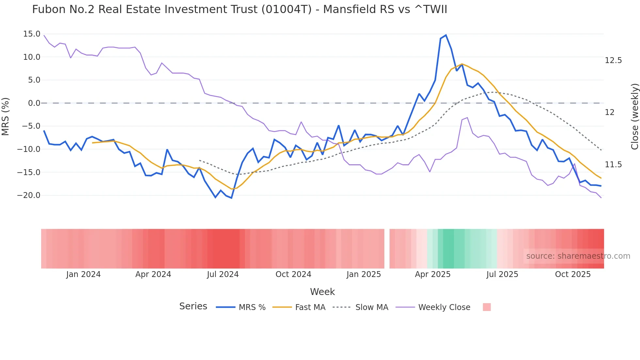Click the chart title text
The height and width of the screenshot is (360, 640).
coord(239,9)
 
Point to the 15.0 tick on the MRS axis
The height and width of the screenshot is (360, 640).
coord(32,34)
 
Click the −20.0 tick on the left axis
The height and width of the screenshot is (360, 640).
coord(29,195)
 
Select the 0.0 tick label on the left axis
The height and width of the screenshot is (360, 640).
coord(34,103)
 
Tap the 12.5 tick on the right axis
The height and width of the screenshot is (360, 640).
coord(613,60)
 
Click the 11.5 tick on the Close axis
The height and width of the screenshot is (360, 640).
coord(613,165)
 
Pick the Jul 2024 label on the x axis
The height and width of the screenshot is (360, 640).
coord(223,274)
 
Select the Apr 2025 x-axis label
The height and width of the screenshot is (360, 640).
coord(433,274)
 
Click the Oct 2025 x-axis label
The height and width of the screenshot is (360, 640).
coord(573,274)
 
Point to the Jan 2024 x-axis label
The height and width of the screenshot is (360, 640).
coord(83,274)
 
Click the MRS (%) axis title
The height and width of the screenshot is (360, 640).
coord(6,116)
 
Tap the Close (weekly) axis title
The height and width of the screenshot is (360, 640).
coord(634,117)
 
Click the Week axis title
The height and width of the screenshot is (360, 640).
coord(322,292)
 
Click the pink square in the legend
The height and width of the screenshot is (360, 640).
coord(487,307)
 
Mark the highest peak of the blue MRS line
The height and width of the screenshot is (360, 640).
coord(446,35)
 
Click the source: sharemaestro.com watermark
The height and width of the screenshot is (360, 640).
coord(578,256)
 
